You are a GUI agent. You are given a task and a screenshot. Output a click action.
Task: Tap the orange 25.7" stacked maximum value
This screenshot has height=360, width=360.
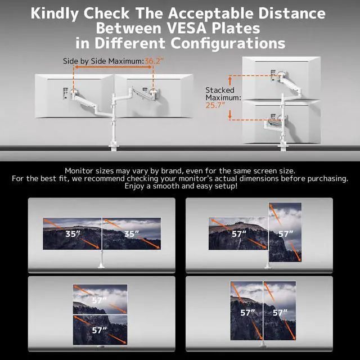(x=215, y=105)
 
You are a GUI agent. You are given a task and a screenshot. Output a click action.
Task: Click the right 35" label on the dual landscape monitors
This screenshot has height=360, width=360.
(x=130, y=233)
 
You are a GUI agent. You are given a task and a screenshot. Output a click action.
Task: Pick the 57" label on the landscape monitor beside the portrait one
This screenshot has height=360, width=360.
(x=240, y=233)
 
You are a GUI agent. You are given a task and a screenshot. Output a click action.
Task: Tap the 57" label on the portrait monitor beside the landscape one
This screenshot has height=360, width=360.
(x=285, y=233)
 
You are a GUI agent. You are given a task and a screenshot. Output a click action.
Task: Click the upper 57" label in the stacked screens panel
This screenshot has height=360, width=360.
(x=100, y=300)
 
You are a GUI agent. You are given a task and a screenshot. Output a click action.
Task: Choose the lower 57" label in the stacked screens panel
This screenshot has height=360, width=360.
(x=100, y=330)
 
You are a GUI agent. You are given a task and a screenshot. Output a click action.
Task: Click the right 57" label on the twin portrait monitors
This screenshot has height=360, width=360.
(x=280, y=312)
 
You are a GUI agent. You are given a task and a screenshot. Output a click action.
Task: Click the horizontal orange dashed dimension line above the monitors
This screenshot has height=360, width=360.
(x=115, y=69)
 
